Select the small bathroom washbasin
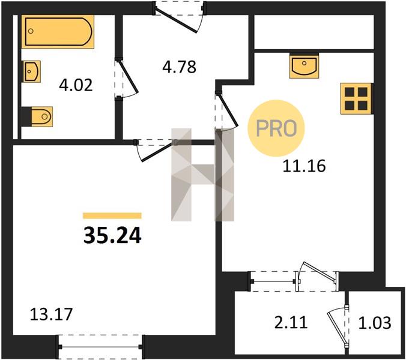click(32, 71)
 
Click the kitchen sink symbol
click(304, 66)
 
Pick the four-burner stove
click(357, 98)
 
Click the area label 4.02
click(76, 85)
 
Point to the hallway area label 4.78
click(179, 67)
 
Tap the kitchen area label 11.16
click(304, 166)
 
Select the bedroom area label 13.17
click(50, 314)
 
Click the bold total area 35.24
click(112, 235)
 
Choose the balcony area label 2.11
click(291, 323)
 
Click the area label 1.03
click(375, 323)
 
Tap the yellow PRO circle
click(276, 128)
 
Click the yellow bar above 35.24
click(112, 215)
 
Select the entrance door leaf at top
click(176, 19)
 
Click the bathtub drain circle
click(31, 31)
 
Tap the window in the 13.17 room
click(100, 347)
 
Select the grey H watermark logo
click(203, 175)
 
